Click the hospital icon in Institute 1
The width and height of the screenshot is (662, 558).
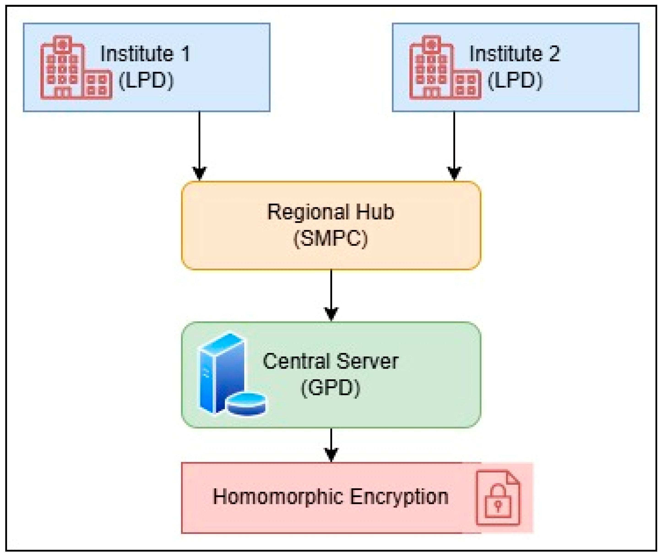(76, 67)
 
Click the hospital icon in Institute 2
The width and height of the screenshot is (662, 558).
(445, 67)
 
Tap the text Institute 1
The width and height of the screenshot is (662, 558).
(145, 54)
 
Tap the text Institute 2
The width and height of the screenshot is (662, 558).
(515, 54)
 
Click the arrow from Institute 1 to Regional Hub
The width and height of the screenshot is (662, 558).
(200, 146)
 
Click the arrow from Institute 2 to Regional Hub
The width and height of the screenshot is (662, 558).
(454, 146)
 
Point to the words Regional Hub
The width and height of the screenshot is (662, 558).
(331, 212)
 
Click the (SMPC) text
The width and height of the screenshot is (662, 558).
(331, 238)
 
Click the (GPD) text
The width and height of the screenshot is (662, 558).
(331, 388)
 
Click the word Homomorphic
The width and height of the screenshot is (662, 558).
(278, 497)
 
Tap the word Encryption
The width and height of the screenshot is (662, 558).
(399, 497)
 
